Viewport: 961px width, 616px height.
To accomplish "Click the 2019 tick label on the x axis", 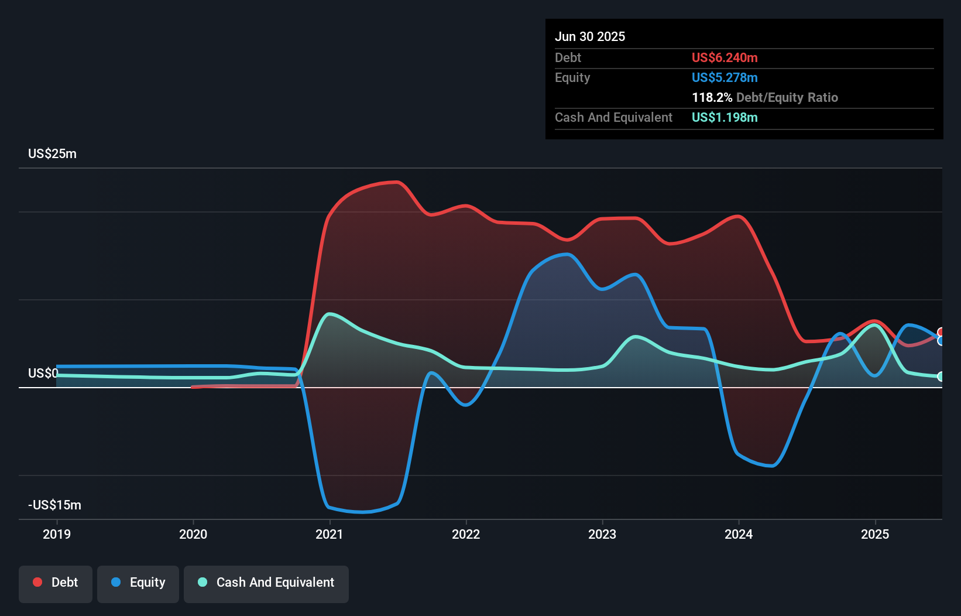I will point(57,534).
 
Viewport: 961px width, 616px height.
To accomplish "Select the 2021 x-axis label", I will point(330,534).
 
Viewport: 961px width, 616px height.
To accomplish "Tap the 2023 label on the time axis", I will point(602,534).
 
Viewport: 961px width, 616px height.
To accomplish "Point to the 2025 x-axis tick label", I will point(875,534).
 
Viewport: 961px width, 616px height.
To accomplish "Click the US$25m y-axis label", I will point(52,153).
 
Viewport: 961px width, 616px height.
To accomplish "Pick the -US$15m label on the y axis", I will point(54,505).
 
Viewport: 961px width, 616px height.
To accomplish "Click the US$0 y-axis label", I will point(43,373).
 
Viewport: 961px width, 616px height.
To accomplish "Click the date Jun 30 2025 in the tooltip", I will point(590,36).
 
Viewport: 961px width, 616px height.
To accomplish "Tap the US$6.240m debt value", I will point(725,57).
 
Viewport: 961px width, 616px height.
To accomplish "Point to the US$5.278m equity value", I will point(725,77).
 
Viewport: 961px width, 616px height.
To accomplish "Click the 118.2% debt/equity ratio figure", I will point(712,97).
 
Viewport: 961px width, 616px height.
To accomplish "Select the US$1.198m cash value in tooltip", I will point(725,117).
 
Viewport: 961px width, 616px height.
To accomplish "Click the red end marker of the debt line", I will point(941,332).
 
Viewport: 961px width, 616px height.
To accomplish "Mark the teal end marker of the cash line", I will point(941,377).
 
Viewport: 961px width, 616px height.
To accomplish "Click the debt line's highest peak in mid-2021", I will point(398,182).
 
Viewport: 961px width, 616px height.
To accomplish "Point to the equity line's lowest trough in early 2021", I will point(363,512).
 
